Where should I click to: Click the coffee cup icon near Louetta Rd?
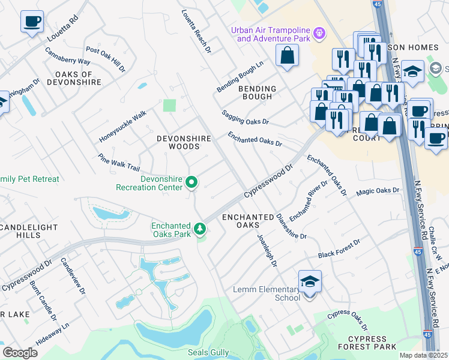click(31, 22)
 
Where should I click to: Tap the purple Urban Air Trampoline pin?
click(319, 32)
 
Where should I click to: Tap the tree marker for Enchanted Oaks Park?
click(200, 229)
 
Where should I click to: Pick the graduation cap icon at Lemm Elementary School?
click(310, 281)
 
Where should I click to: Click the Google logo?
click(20, 352)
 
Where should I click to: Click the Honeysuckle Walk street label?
click(122, 126)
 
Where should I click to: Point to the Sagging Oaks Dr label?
click(245, 117)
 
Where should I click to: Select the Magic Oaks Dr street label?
click(378, 191)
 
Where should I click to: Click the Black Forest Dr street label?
click(339, 248)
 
